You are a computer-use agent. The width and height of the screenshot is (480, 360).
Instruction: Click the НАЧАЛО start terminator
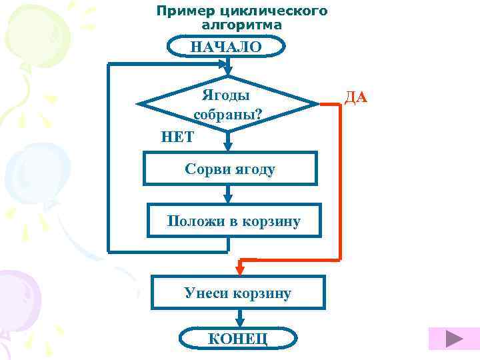coord(226,47)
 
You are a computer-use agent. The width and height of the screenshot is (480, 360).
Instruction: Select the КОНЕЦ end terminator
coord(238,338)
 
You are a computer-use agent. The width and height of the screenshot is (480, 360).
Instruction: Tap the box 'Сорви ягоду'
coord(229,169)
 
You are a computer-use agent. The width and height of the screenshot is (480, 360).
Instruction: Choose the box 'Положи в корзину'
coord(233,221)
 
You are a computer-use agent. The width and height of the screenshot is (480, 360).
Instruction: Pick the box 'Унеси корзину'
coord(238,293)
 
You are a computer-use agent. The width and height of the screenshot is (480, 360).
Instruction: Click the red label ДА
coord(355,98)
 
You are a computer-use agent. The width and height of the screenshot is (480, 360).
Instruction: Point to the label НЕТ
coord(177,137)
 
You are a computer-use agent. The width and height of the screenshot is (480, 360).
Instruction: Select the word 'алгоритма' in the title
coord(242,25)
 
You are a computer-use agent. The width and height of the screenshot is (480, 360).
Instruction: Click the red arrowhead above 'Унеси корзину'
coord(240,269)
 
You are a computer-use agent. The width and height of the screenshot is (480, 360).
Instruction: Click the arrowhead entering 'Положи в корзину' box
coord(229,198)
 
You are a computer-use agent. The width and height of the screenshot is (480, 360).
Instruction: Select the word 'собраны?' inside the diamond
coord(227,114)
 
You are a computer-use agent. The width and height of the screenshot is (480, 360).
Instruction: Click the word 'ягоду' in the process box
coord(257,169)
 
